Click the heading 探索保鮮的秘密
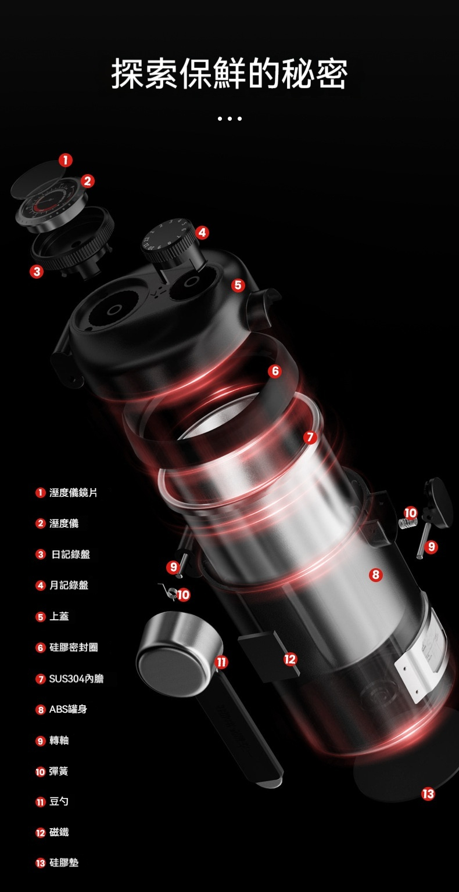tap(229, 74)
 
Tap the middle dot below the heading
tap(229, 118)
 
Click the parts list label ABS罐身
tap(68, 709)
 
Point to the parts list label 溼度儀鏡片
tap(73, 493)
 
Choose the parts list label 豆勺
tap(59, 801)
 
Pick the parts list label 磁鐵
tap(59, 832)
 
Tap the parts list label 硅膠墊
tap(64, 862)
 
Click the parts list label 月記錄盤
tap(69, 585)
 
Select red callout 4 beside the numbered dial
tap(202, 233)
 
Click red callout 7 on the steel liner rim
tap(310, 437)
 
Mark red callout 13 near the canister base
tap(428, 794)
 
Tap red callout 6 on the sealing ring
tap(275, 371)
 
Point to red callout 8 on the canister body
tap(376, 574)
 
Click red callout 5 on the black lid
tap(238, 285)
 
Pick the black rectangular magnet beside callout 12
tap(268, 653)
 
